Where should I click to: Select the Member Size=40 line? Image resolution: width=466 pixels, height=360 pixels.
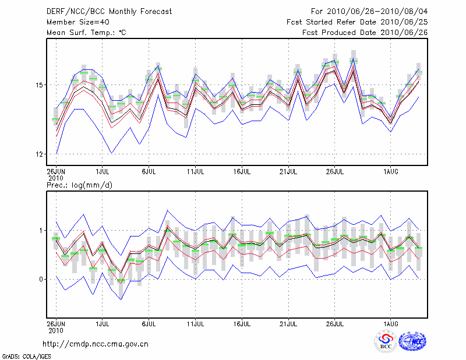pyautogui.click(x=73, y=22)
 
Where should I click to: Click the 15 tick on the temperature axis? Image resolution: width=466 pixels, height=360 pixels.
pyautogui.click(x=40, y=85)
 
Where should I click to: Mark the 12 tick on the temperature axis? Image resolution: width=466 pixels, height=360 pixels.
pyautogui.click(x=40, y=154)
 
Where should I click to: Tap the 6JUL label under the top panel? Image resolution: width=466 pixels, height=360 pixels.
pyautogui.click(x=149, y=172)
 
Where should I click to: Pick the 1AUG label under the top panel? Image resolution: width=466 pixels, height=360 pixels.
pyautogui.click(x=390, y=172)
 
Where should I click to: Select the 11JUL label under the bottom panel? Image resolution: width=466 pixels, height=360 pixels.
pyautogui.click(x=196, y=323)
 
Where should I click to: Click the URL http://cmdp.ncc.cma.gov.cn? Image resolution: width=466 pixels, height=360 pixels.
pyautogui.click(x=96, y=344)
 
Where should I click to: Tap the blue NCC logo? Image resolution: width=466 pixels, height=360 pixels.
pyautogui.click(x=412, y=341)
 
